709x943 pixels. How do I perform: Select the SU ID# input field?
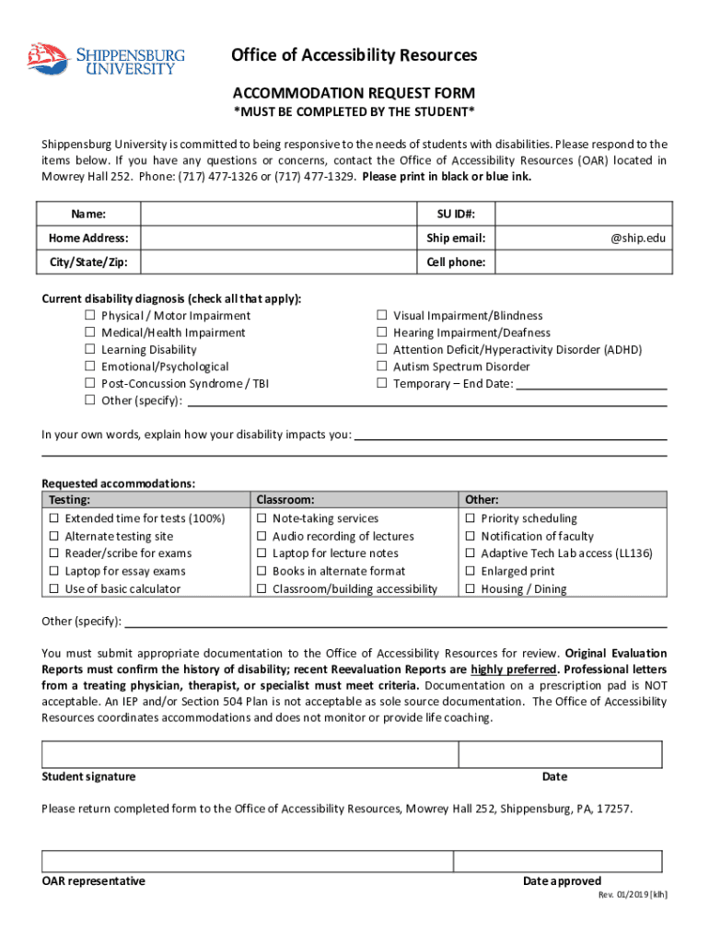pyautogui.click(x=580, y=214)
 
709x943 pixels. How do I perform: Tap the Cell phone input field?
pyautogui.click(x=580, y=262)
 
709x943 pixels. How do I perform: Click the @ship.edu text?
pyautogui.click(x=637, y=239)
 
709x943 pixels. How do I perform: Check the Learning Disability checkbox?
pyautogui.click(x=90, y=350)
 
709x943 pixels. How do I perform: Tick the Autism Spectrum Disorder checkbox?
pyautogui.click(x=382, y=367)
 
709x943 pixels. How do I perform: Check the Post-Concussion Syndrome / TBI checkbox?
pyautogui.click(x=90, y=384)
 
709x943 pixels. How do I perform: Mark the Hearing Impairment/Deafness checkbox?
pyautogui.click(x=382, y=333)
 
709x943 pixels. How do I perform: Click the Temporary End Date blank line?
pyautogui.click(x=591, y=383)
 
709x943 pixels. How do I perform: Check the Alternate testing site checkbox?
pyautogui.click(x=53, y=537)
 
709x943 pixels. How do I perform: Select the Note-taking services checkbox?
pyautogui.click(x=262, y=519)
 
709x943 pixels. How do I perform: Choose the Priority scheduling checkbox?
pyautogui.click(x=470, y=519)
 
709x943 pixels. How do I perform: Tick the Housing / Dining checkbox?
pyautogui.click(x=470, y=589)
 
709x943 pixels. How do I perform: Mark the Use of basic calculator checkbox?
pyautogui.click(x=53, y=589)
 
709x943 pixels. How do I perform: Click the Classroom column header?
pyautogui.click(x=285, y=499)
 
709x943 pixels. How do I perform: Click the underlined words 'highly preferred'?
pyautogui.click(x=513, y=669)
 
